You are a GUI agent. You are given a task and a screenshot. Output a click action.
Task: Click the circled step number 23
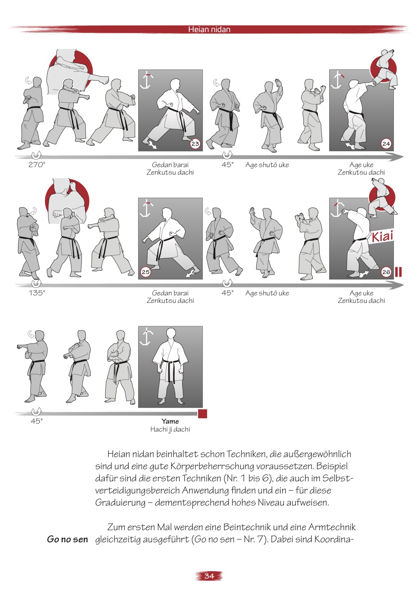pos(195,144)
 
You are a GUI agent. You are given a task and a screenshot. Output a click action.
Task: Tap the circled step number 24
pos(386,144)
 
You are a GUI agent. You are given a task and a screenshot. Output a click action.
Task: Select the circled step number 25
pos(145,272)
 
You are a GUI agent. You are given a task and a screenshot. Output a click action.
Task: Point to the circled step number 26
pos(386,272)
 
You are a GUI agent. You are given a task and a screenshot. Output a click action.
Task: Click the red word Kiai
pos(382,236)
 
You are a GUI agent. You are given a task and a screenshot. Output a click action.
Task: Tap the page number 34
pos(209,576)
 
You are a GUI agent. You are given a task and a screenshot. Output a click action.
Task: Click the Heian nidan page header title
pos(209,29)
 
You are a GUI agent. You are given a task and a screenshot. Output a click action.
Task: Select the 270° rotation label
pos(37,165)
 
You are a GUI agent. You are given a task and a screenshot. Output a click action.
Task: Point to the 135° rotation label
pos(37,293)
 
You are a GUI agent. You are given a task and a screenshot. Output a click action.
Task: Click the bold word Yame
pos(170,421)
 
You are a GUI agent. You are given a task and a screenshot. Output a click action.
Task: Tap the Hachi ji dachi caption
pos(170,429)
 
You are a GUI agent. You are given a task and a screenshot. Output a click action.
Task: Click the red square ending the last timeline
pos(202,414)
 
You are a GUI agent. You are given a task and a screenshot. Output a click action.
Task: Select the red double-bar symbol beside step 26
pos(399,272)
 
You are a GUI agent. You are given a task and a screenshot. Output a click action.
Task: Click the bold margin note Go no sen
pos(67,539)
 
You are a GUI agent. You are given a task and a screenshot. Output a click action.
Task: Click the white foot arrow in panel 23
pos(152,145)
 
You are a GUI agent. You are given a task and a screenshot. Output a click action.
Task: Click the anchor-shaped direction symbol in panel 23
pos(146,80)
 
